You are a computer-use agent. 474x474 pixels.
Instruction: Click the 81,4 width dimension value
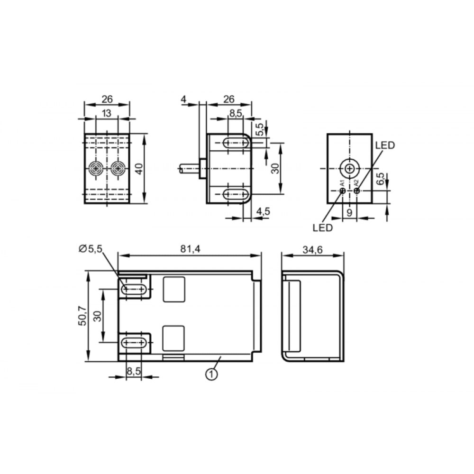click(190, 249)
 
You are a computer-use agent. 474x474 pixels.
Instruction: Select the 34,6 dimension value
click(312, 250)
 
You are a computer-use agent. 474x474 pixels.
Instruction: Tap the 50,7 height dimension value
click(82, 316)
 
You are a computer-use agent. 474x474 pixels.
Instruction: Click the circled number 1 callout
click(211, 374)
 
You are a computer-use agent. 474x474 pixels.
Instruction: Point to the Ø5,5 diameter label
click(91, 248)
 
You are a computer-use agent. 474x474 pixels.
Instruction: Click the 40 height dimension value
click(139, 169)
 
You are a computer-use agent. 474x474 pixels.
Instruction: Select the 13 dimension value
click(106, 113)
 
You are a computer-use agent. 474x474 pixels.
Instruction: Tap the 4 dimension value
click(183, 99)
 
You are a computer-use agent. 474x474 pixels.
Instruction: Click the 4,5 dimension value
click(263, 211)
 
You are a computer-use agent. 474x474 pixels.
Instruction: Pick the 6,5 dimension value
click(380, 178)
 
